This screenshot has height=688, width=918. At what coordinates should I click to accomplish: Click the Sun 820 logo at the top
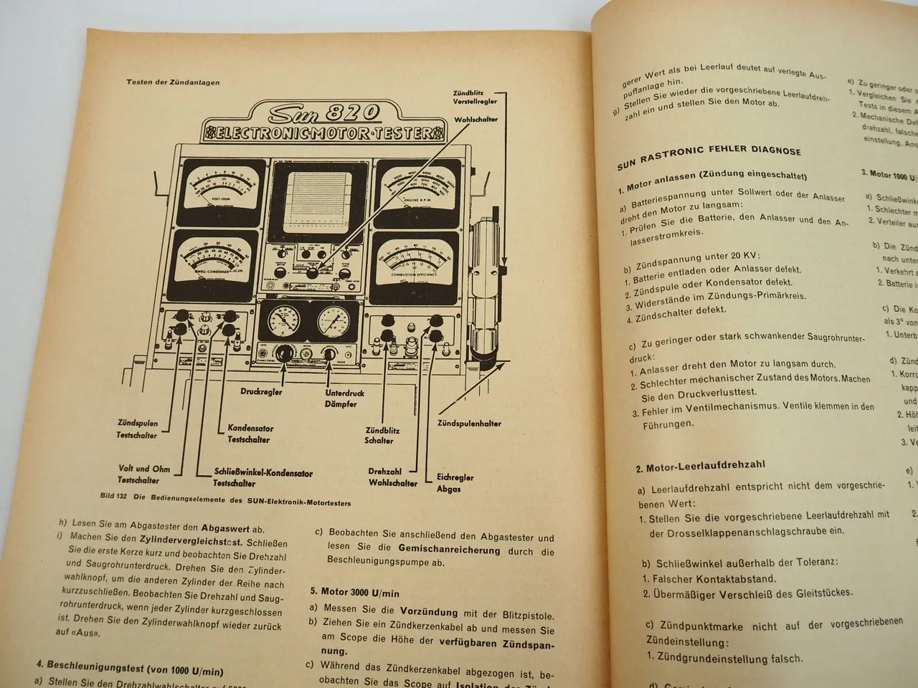pos(323,113)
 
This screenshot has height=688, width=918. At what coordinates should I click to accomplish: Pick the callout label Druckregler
pos(261,392)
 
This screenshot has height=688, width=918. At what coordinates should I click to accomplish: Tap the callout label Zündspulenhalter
pos(469,424)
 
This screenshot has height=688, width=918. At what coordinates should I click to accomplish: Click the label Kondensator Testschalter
pos(248,434)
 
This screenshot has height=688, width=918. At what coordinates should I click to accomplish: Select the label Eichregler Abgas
pos(455,482)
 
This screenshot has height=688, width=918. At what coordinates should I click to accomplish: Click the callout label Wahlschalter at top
pos(475,120)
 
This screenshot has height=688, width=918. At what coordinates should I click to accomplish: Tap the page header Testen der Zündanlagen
pos(173,82)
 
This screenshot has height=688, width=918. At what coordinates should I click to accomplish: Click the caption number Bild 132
pos(113,496)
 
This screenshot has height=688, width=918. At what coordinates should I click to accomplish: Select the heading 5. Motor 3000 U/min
pos(354,593)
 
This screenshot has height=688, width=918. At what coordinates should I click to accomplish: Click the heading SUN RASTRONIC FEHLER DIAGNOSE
pos(709,155)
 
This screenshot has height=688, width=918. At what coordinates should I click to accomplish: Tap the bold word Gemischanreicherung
pos(449,550)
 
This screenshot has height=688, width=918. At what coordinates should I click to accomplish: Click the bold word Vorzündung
pos(428,612)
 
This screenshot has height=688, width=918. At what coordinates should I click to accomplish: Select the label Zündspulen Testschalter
pos(137,429)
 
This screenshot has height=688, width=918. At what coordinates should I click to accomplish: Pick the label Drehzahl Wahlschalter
pos(392,477)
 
